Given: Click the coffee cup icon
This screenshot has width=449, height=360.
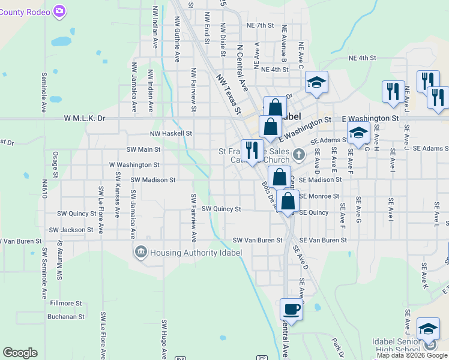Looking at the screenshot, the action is pyautogui.click(x=292, y=310).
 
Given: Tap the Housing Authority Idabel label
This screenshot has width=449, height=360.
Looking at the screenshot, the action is pyautogui.click(x=197, y=253).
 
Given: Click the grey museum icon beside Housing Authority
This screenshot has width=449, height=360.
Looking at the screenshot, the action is pyautogui.click(x=141, y=251).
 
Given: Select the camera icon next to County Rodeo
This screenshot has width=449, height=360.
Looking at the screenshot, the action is pyautogui.click(x=59, y=11).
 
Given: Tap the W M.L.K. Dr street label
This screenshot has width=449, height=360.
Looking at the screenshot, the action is pyautogui.click(x=85, y=119).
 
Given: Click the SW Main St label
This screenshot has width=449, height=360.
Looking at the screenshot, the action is pyautogui.click(x=143, y=149).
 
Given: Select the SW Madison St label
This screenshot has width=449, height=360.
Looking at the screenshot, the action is pyautogui.click(x=152, y=179).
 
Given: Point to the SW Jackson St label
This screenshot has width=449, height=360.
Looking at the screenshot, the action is pyautogui.click(x=71, y=230).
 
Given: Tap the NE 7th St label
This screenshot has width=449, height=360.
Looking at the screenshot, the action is pyautogui.click(x=260, y=26).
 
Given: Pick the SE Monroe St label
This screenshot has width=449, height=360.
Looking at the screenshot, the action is pyautogui.click(x=319, y=196).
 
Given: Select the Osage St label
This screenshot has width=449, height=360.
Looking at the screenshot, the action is pyautogui.click(x=55, y=163).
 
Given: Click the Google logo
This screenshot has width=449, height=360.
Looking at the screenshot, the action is pyautogui.click(x=20, y=353).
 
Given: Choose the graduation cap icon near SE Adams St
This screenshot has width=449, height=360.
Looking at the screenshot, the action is pyautogui.click(x=358, y=134).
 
